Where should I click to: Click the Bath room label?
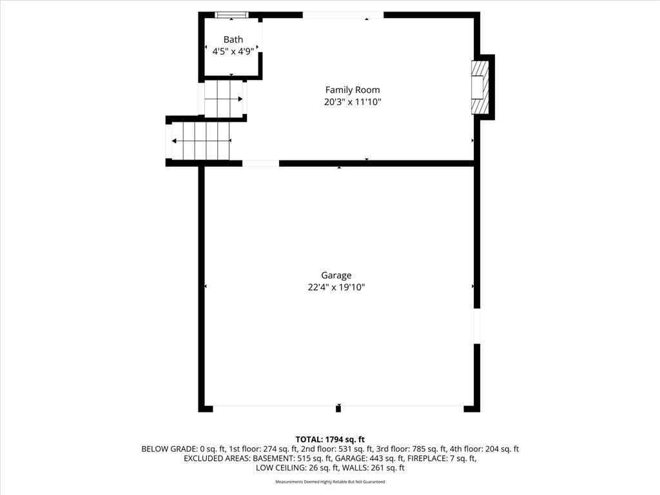(233, 39)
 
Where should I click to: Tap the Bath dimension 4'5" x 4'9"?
(233, 52)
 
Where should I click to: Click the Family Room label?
(353, 90)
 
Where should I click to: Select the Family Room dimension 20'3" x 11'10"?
(353, 102)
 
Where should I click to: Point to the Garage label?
(336, 275)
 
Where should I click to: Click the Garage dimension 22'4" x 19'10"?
(336, 287)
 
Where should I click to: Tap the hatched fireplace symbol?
(480, 87)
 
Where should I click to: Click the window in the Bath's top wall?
(231, 15)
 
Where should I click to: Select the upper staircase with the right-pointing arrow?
(224, 99)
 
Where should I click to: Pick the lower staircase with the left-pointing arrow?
(201, 141)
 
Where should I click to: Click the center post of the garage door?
(338, 408)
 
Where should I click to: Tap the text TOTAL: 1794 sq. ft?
(330, 440)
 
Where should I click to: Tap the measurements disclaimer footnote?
(330, 481)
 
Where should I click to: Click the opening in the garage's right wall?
(477, 326)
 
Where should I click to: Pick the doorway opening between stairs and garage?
(260, 163)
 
